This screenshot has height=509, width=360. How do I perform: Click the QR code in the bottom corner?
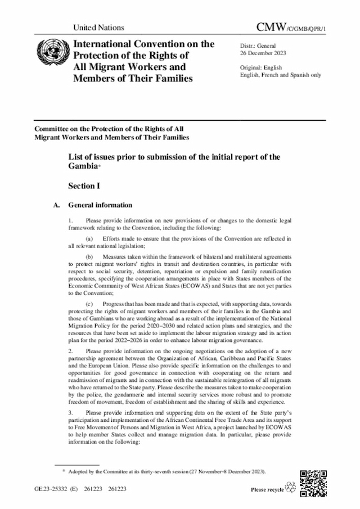tap(313, 481)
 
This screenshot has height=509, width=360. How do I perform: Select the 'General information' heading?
tap(100, 205)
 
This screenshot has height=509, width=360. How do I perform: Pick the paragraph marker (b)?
tap(89, 255)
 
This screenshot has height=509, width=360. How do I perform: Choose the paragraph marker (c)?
tap(89, 303)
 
